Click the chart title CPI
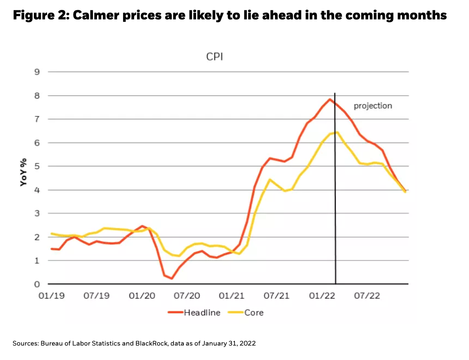[215, 57]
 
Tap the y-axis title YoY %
[24, 172]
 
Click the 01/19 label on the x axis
[51, 296]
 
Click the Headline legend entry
[202, 313]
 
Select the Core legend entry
[254, 313]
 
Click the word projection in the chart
[373, 106]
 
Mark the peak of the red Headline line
[329, 99]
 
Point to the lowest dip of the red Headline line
[171, 279]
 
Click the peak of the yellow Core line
[337, 132]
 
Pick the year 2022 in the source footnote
[248, 343]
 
